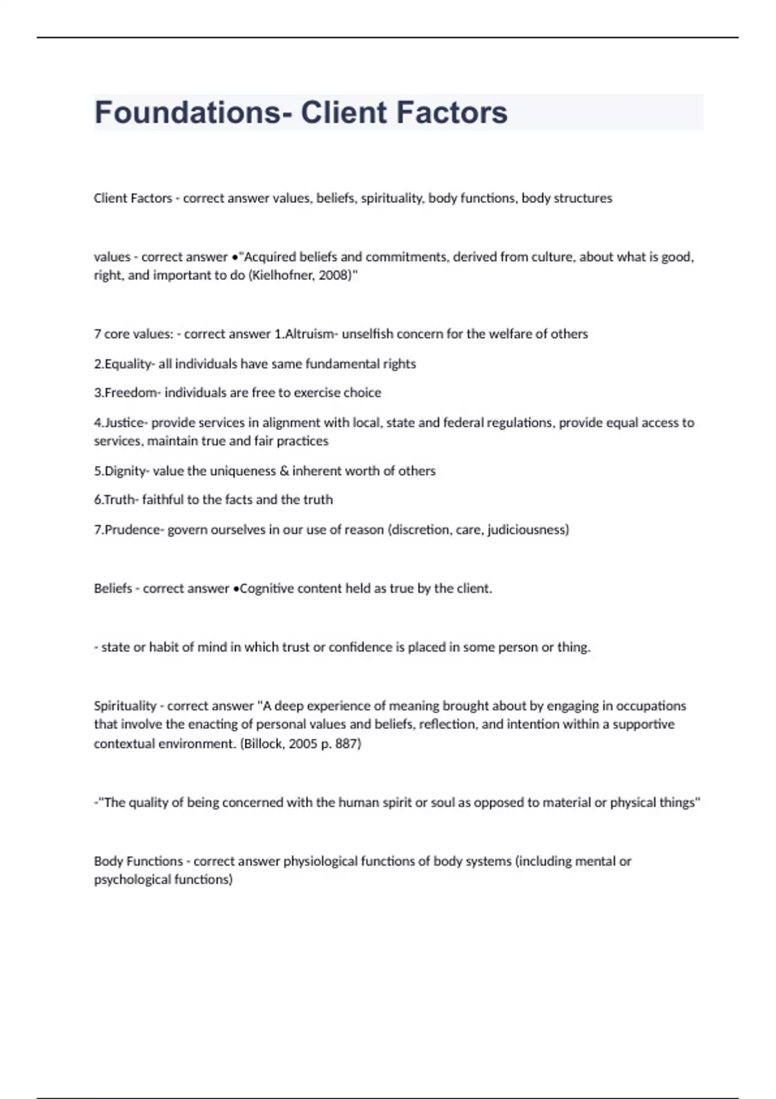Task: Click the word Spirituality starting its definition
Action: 125,706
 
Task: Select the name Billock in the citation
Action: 263,744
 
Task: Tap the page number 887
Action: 347,744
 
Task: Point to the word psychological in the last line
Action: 129,880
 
